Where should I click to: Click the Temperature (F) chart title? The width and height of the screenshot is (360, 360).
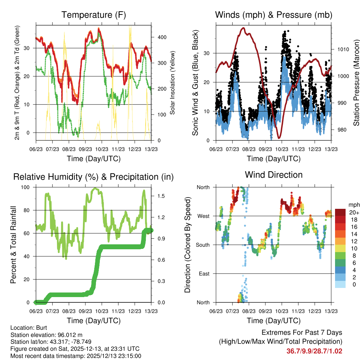(x=94, y=15)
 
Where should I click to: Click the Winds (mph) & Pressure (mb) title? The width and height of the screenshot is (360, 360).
(x=274, y=15)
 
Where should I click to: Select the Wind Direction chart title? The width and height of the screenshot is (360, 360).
(x=274, y=175)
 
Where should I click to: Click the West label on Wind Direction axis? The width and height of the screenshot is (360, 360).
(x=203, y=216)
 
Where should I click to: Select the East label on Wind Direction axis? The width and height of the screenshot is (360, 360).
(x=204, y=274)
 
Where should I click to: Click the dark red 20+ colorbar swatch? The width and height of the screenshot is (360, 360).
(x=341, y=212)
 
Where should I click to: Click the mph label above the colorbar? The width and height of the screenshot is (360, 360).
(x=353, y=205)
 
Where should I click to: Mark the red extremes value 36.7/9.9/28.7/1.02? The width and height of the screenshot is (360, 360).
(x=314, y=351)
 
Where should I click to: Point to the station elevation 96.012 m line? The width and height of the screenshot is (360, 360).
(x=46, y=335)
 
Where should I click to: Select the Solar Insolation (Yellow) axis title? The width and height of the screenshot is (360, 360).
(x=173, y=83)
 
